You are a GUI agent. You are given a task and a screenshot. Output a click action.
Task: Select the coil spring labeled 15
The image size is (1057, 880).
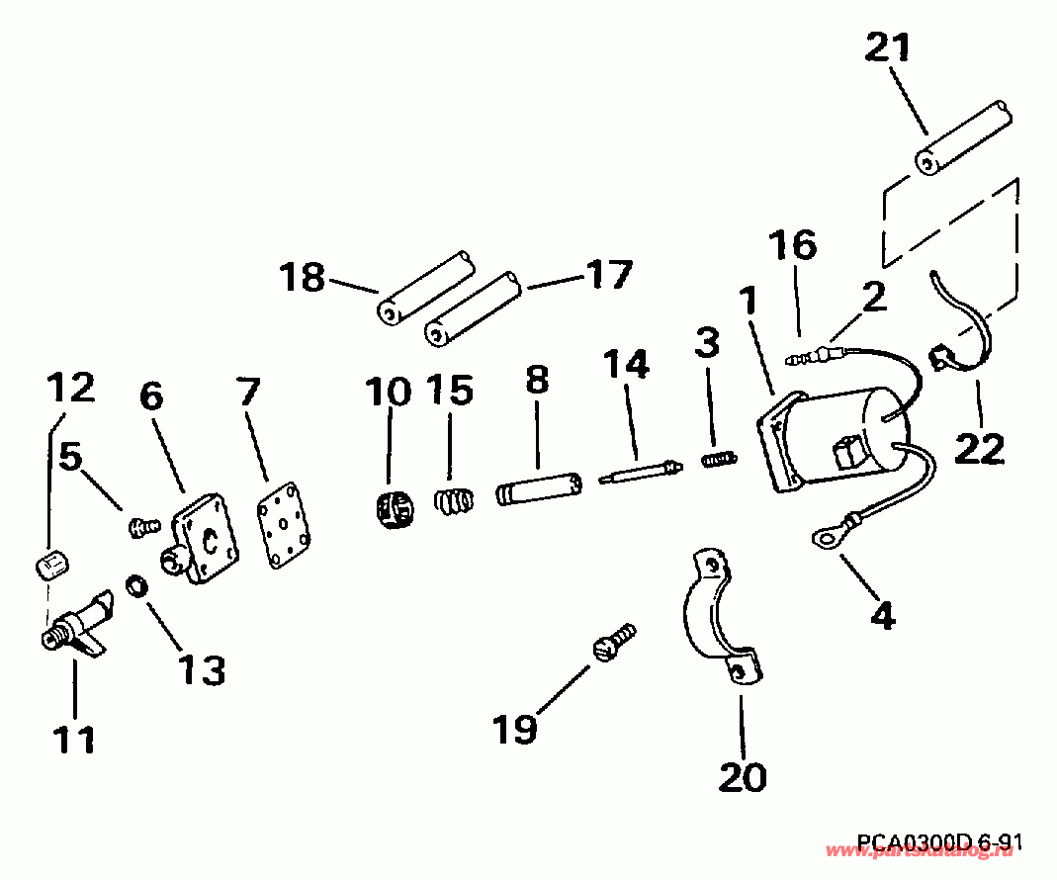point(454,499)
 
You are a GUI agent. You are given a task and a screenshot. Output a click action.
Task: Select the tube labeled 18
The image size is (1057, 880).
point(425,289)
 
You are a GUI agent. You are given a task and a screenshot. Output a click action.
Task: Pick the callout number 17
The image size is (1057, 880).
point(607,274)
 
